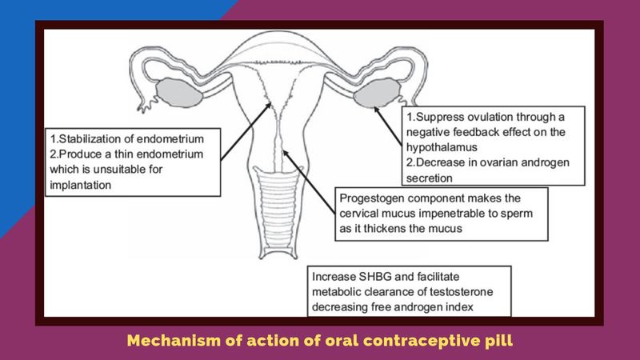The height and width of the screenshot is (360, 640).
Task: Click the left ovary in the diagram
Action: click(x=178, y=92)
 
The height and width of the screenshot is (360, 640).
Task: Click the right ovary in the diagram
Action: click(x=377, y=93)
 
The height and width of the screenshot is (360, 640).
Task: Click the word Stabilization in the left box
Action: click(x=86, y=138)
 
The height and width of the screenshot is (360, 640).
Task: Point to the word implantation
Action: click(x=81, y=186)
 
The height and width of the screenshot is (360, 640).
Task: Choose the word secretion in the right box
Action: click(x=430, y=178)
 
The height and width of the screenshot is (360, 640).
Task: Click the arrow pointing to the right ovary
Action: click(x=388, y=126)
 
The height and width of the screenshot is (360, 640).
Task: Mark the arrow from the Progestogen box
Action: click(x=309, y=182)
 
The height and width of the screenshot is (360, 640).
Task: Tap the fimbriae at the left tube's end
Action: click(x=146, y=104)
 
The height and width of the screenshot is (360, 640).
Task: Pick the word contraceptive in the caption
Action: click(x=420, y=341)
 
